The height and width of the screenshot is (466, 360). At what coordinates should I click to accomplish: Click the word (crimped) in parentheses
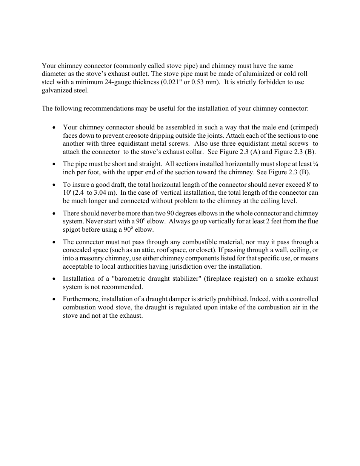(x=305, y=127)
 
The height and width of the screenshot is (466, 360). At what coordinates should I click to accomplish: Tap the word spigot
(x=71, y=230)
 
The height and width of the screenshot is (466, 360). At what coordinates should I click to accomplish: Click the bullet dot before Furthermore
(x=55, y=299)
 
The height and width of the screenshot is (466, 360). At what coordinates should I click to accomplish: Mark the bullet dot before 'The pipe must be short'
(x=55, y=164)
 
